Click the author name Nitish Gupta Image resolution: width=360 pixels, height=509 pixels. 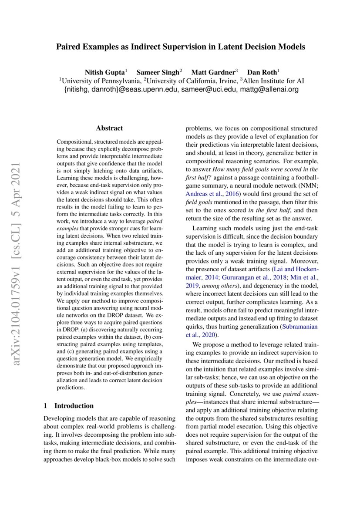(105, 72)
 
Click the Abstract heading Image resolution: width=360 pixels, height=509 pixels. (109, 128)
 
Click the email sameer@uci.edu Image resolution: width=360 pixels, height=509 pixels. (209, 90)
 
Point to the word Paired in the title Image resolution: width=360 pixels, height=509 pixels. (71, 47)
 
